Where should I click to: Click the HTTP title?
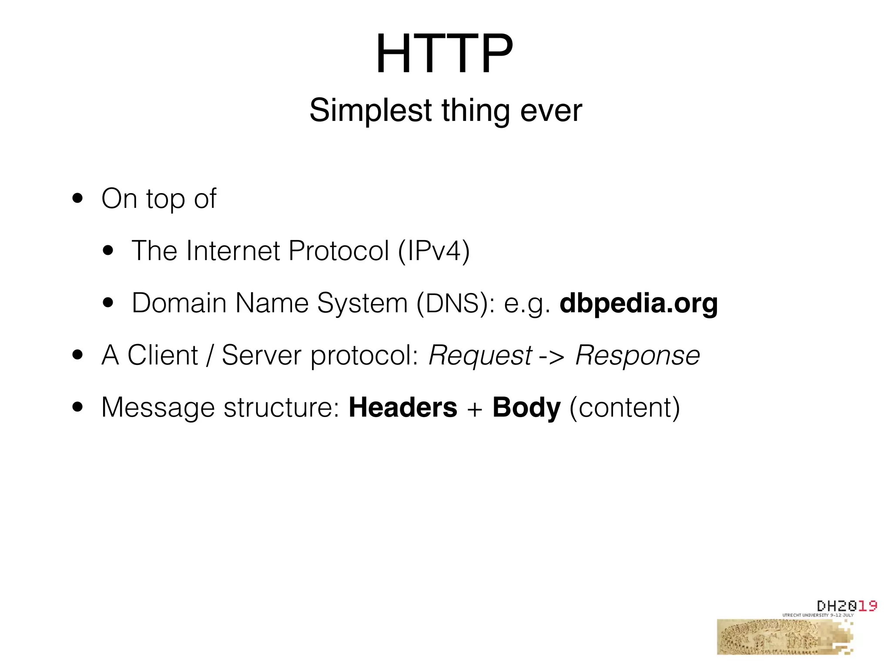(x=444, y=54)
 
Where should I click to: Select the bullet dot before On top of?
(x=78, y=199)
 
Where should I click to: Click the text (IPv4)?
(x=434, y=251)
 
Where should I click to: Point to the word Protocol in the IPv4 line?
(x=338, y=251)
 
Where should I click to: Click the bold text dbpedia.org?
(x=638, y=304)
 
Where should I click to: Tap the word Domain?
(x=179, y=303)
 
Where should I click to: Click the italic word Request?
(x=480, y=356)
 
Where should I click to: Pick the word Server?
(x=261, y=355)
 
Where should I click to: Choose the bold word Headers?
(x=403, y=407)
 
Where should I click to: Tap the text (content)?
(x=624, y=408)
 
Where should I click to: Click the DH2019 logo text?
(x=846, y=606)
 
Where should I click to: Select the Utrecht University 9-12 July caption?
(x=818, y=615)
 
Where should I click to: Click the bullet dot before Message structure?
(x=78, y=407)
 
